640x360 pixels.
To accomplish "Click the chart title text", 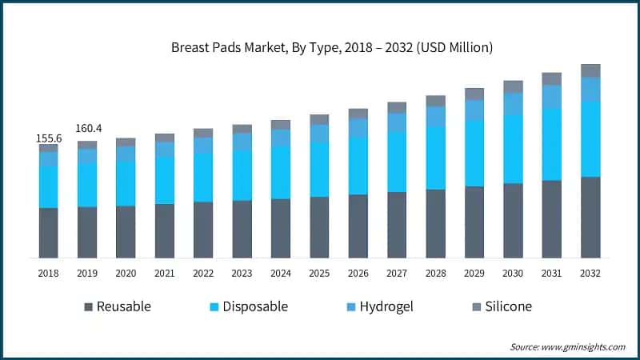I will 332,48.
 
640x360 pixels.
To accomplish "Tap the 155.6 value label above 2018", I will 49,138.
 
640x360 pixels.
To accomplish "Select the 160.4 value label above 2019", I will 87,128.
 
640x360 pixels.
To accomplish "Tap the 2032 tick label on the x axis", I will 590,274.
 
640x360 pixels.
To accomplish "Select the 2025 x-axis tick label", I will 319,274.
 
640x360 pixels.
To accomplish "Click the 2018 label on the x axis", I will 49,274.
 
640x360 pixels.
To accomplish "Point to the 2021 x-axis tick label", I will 165,274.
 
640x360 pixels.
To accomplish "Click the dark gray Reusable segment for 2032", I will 590,217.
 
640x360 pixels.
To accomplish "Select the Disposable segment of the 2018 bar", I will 49,187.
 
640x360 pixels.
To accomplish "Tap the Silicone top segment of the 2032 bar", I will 590,70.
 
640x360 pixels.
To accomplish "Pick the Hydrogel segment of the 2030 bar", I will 513,104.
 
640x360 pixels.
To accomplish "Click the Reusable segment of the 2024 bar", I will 281,228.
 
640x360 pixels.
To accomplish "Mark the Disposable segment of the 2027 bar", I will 397,162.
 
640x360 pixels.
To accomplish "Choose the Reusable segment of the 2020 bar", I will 126,232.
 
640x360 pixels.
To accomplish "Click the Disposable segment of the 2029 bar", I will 474,153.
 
